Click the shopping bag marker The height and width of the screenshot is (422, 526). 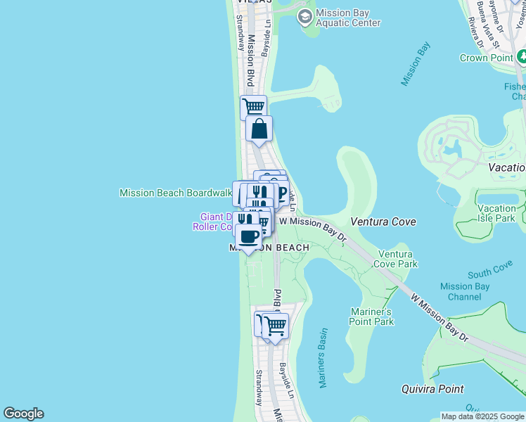pos(259,129)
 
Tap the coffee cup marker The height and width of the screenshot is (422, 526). pos(248,236)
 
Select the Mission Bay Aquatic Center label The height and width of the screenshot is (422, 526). pos(348,18)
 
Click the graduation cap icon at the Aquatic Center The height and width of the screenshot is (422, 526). pos(305,17)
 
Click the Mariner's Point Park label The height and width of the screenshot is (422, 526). pos(371,316)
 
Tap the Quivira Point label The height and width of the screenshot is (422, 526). pos(432,389)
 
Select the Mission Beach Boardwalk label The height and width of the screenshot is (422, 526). pos(176,193)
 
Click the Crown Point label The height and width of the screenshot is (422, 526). pos(486,58)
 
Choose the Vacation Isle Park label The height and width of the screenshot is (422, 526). pos(496,213)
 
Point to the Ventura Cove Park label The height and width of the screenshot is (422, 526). pos(398,259)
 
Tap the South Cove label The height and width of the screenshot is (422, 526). pos(490,269)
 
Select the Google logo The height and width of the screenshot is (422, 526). pos(23,414)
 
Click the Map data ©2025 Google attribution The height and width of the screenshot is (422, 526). pos(482,416)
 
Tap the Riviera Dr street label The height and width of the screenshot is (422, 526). pos(475,32)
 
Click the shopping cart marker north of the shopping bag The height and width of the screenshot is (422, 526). pos(253,108)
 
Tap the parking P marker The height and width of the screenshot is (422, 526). pos(281,192)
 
